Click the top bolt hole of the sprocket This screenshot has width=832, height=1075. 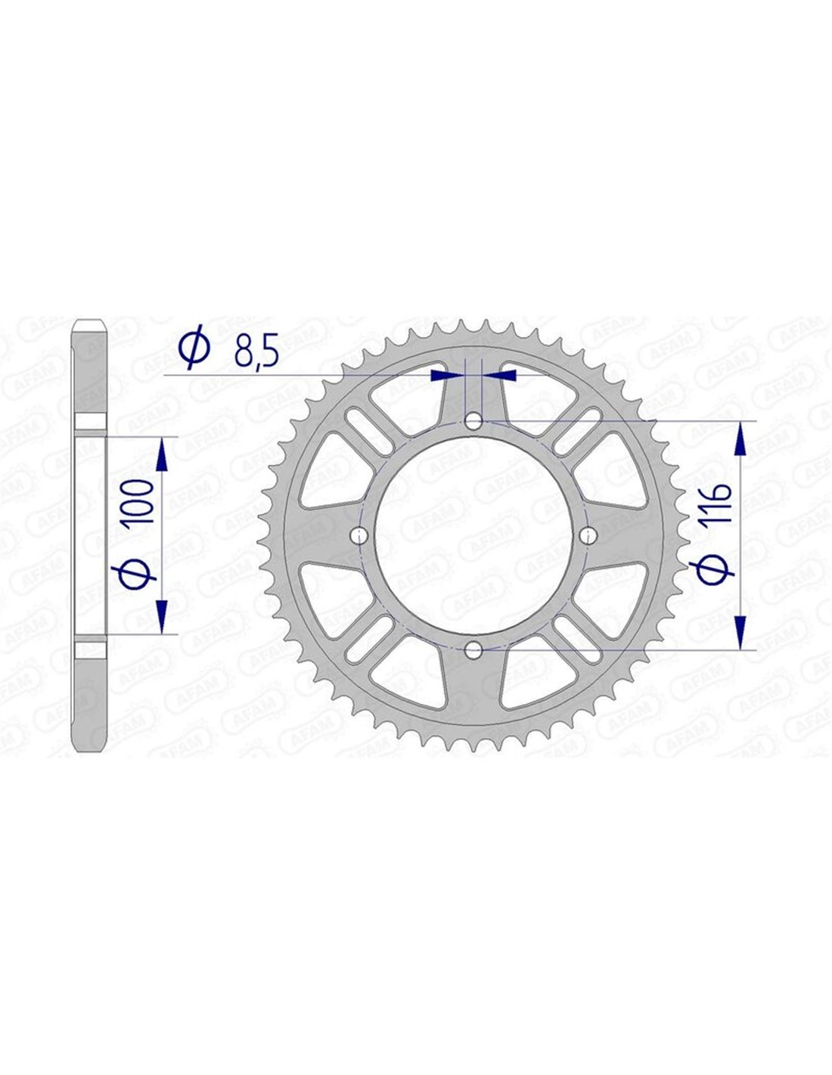(x=473, y=422)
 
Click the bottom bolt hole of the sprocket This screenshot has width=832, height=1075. (x=473, y=649)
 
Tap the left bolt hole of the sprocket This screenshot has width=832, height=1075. (x=359, y=534)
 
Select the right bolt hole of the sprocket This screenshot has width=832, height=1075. (x=588, y=534)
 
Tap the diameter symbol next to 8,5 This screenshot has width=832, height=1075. (x=194, y=346)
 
